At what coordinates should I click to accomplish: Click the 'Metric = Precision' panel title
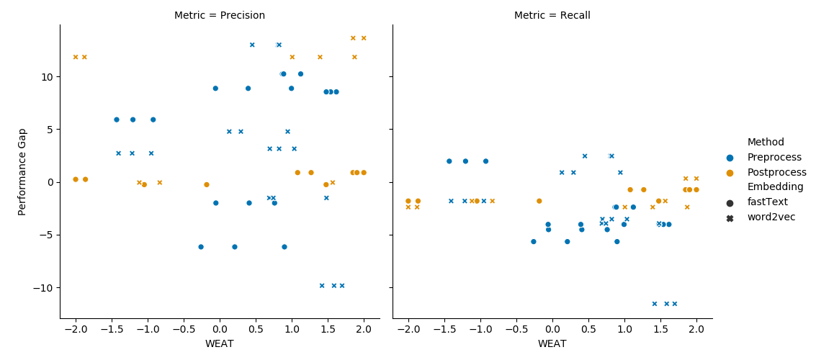220,16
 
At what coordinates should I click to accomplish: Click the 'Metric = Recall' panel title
552,16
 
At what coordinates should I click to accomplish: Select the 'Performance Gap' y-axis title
22,171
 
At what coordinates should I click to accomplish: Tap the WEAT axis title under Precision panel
220,344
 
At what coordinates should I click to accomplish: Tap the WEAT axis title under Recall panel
552,344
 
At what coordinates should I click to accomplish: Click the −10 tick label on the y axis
46,288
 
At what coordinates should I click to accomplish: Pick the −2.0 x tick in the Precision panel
75,329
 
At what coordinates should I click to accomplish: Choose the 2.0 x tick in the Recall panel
696,329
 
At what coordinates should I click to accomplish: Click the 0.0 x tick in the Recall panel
552,329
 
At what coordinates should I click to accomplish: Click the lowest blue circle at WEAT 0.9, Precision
284,246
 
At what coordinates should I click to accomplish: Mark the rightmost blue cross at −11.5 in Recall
674,304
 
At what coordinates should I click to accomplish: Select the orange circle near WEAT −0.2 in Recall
539,201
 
